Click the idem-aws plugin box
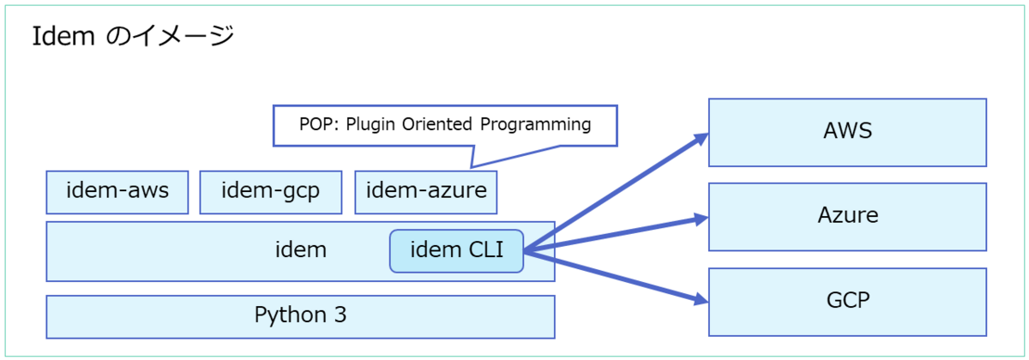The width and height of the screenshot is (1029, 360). click(x=117, y=192)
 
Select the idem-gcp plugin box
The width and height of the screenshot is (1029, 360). click(x=271, y=192)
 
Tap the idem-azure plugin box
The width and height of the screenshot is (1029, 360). click(x=426, y=192)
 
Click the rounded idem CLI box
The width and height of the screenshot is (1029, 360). click(x=456, y=251)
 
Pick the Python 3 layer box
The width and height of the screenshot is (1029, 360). click(x=300, y=317)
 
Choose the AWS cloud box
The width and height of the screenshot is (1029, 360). click(x=847, y=132)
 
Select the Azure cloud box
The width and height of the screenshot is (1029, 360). click(x=847, y=217)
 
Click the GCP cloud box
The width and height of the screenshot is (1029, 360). click(x=847, y=302)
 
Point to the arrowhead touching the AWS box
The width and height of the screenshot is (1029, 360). click(x=701, y=139)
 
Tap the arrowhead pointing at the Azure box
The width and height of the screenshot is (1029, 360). click(x=701, y=219)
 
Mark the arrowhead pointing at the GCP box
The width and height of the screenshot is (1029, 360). click(x=701, y=299)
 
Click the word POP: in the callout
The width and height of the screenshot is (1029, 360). click(x=319, y=124)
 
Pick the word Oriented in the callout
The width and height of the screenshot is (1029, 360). click(x=436, y=124)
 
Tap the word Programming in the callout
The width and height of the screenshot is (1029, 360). click(x=536, y=125)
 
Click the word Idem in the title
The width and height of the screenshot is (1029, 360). click(x=63, y=36)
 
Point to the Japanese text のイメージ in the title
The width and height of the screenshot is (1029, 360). click(x=170, y=36)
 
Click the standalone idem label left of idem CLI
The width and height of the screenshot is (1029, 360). click(x=301, y=249)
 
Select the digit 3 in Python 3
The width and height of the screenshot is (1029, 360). click(x=340, y=315)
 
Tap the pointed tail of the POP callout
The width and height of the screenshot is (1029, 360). click(x=472, y=166)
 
